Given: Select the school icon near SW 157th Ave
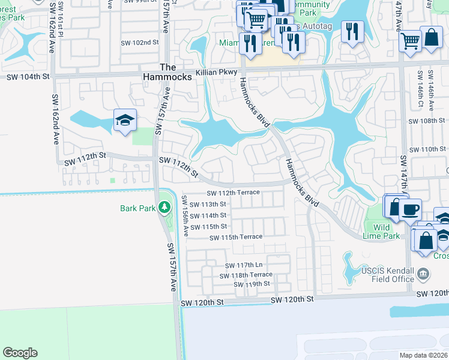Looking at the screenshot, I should click(125, 120).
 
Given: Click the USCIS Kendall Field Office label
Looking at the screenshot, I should click(388, 275).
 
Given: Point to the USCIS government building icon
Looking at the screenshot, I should click(423, 275).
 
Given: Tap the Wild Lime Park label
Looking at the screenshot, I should click(382, 232).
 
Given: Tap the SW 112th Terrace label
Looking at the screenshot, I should click(233, 193).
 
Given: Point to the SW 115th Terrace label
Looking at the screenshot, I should click(236, 237).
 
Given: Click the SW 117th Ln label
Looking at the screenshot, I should click(244, 265).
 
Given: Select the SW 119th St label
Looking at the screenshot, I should click(252, 284).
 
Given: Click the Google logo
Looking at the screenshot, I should click(20, 353).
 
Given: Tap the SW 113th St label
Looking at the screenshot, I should click(208, 204).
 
